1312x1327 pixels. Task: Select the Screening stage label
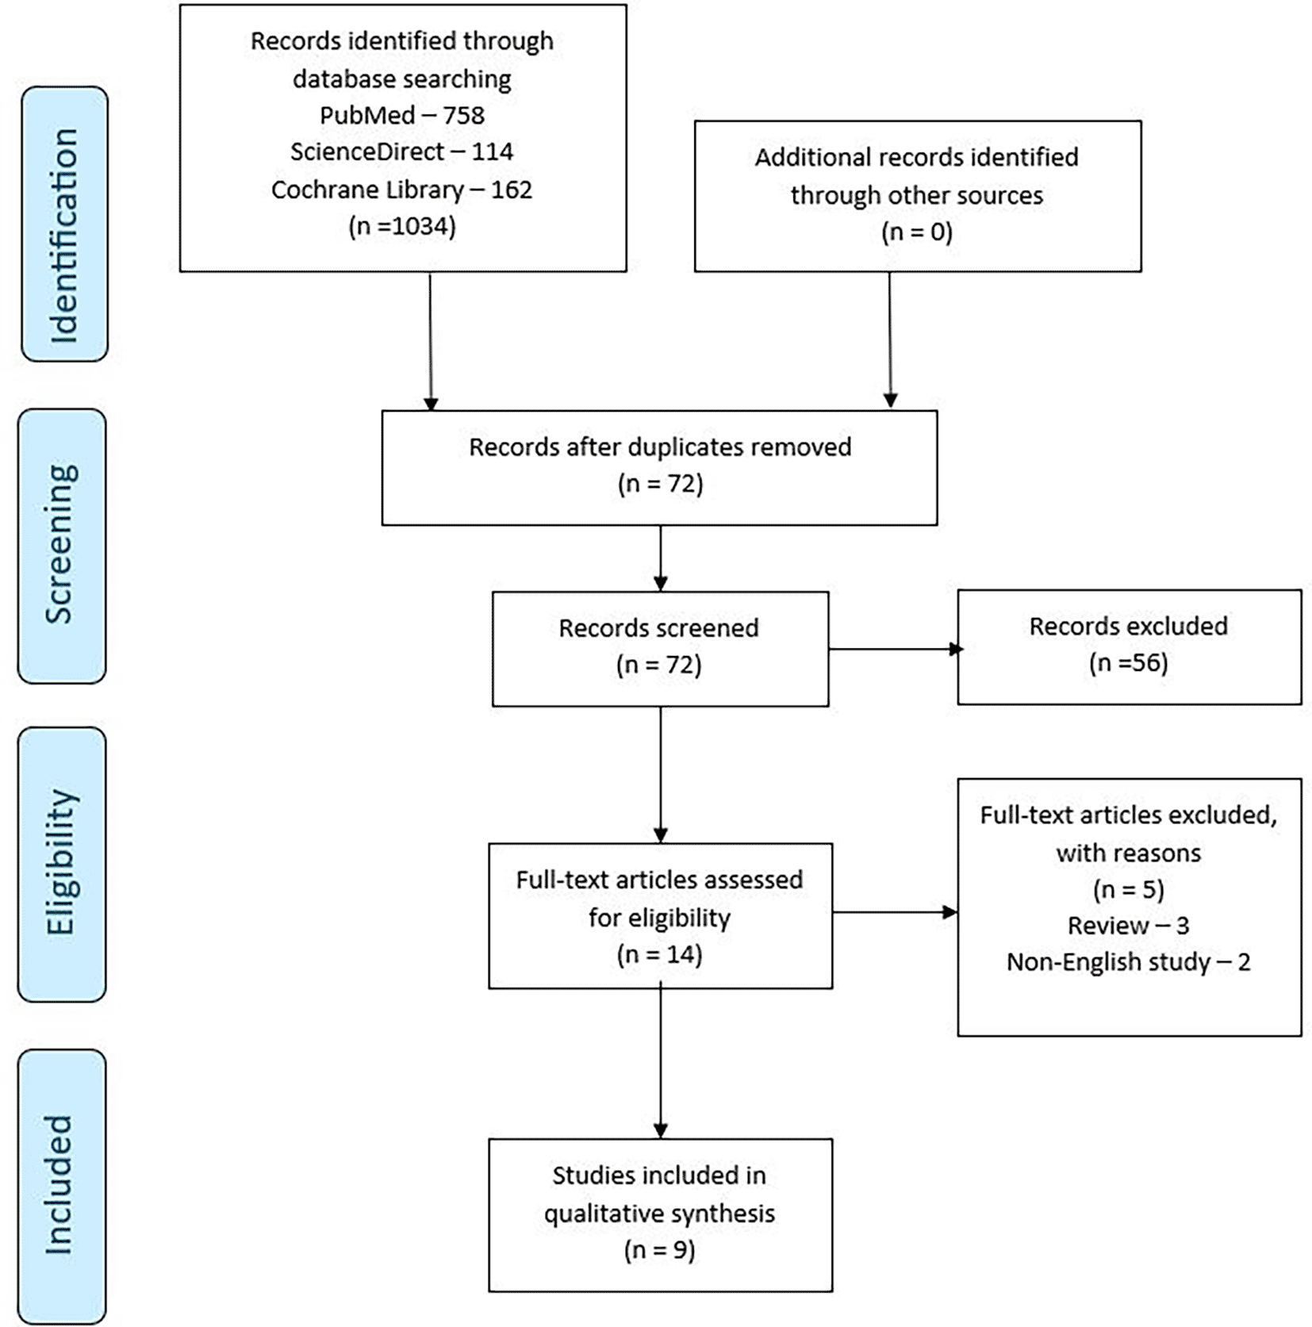coord(61,546)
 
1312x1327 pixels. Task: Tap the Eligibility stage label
coord(61,863)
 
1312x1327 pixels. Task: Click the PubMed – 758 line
coord(402,116)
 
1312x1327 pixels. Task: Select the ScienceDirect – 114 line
coord(402,151)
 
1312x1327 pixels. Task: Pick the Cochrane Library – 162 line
coord(402,190)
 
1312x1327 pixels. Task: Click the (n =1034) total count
coord(402,227)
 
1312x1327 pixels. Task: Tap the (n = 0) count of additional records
coord(916,232)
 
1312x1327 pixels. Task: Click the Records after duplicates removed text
coord(660,447)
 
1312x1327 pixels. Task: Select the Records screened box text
coord(658,628)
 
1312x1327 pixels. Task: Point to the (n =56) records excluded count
coord(1128,663)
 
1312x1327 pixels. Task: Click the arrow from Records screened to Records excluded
coord(893,650)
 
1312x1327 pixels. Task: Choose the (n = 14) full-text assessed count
coord(659,954)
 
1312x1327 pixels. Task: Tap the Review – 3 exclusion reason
coord(1128,926)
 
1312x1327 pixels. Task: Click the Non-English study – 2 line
coord(1128,962)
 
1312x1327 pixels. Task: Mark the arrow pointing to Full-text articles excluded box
coord(895,912)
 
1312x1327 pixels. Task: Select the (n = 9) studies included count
coord(659,1250)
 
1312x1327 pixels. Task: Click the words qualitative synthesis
coord(659,1214)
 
